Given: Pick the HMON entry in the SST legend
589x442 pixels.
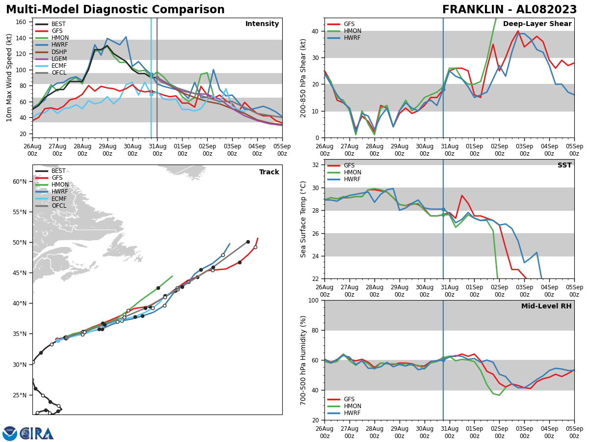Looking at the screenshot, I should [352, 172].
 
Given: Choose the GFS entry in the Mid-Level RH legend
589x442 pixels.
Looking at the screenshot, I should [349, 399].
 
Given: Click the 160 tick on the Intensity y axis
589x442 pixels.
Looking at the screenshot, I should [23, 22].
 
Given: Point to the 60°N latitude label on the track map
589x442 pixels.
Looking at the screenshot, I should [19, 182].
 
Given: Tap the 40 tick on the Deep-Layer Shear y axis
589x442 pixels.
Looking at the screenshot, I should [315, 31].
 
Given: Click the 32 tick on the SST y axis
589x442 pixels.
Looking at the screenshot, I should [315, 165].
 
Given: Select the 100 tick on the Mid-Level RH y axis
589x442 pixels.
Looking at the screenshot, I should [313, 300].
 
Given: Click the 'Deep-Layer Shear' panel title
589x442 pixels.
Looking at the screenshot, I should [537, 24].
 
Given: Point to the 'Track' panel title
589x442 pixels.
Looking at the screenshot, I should [269, 172].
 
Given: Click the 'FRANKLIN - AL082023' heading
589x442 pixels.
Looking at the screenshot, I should [509, 10].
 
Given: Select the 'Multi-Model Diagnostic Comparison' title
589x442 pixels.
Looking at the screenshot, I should [115, 10].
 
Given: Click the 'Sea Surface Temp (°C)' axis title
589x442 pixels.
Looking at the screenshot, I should [304, 219].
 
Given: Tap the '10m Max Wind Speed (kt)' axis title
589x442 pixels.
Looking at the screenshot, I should [9, 78].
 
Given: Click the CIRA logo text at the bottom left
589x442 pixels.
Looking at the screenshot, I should [37, 434].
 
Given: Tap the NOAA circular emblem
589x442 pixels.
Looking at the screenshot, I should [10, 434].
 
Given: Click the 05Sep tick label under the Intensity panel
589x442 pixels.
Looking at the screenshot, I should [282, 150].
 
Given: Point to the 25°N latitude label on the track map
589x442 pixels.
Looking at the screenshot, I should [19, 395].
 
